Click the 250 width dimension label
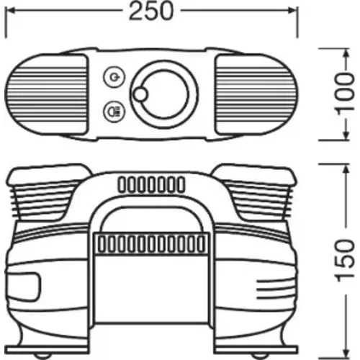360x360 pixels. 150,11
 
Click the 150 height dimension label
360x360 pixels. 345,261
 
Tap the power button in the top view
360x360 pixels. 114,77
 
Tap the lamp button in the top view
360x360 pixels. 114,112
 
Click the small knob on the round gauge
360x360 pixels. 140,94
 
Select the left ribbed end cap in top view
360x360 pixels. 46,94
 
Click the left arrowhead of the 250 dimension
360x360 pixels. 9,11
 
